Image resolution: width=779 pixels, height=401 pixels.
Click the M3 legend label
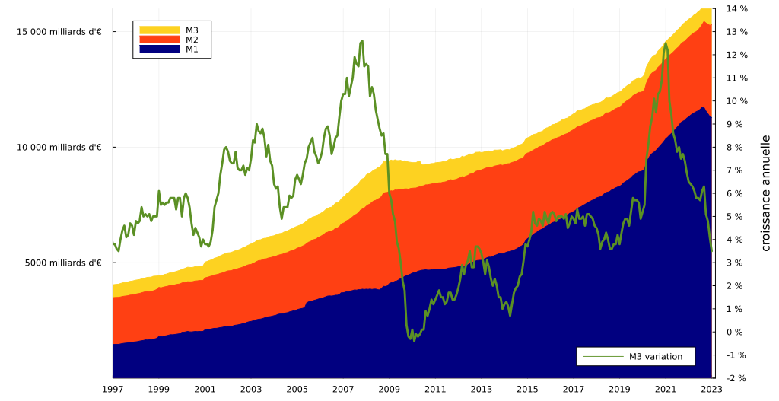(x=192, y=30)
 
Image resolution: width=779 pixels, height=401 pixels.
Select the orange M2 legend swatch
(x=159, y=40)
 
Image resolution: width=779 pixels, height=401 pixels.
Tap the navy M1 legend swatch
(x=159, y=49)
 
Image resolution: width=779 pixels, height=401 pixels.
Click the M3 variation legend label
(x=655, y=356)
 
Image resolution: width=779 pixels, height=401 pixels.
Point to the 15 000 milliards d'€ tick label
(x=59, y=32)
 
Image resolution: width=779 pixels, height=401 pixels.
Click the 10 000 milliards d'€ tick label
(x=59, y=147)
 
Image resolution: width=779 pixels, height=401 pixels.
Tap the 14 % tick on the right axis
(x=736, y=9)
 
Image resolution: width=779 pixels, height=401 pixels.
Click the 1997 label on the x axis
(x=113, y=389)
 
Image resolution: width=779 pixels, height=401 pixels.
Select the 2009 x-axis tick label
(x=389, y=389)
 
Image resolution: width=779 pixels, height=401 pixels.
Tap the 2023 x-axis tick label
(x=711, y=389)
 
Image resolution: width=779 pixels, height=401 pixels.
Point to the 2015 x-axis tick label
(x=527, y=389)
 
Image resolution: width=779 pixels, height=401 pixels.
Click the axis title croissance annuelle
(x=765, y=193)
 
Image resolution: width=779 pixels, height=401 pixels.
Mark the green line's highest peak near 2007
(x=362, y=40)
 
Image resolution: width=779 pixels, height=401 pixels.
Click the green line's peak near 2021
(x=666, y=43)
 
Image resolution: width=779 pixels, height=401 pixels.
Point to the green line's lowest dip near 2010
(x=415, y=340)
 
